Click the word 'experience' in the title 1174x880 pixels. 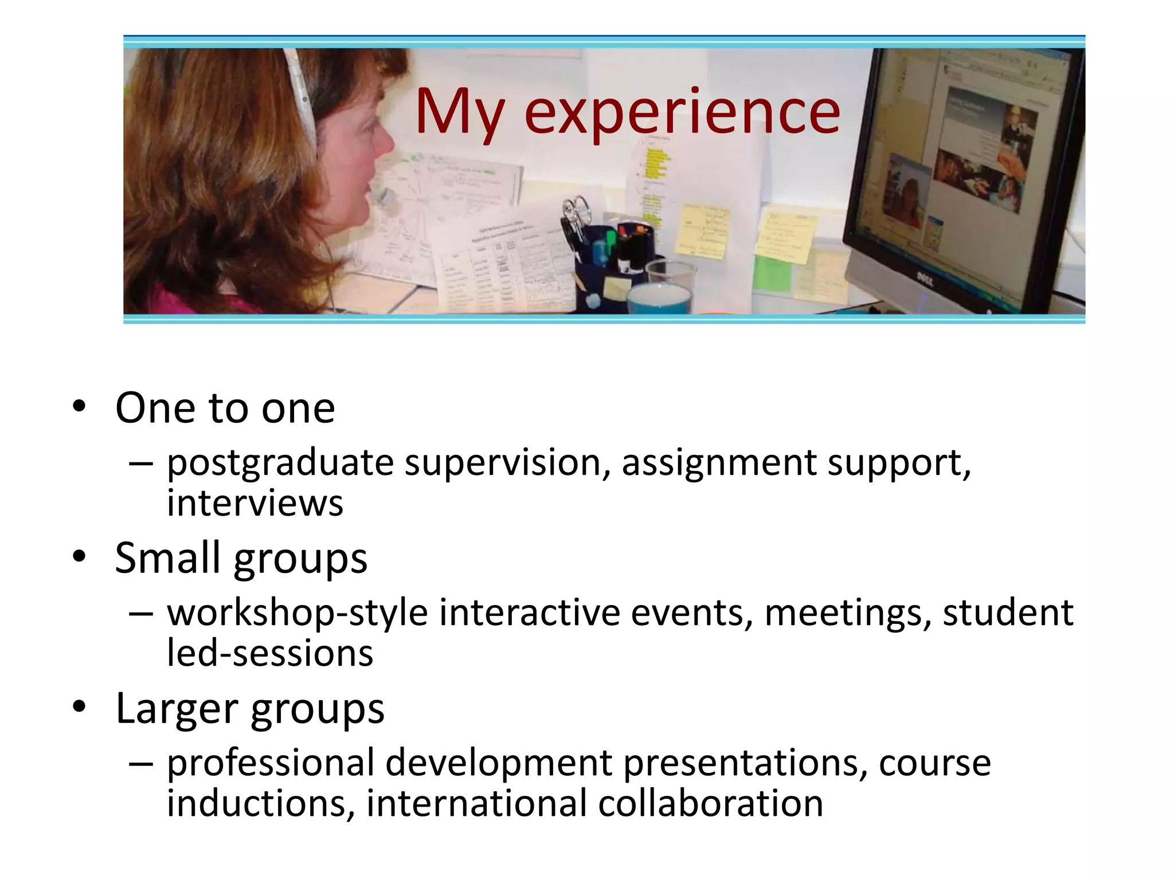[x=682, y=113]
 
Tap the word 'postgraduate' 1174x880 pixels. [x=280, y=463]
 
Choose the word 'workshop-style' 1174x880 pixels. [x=297, y=612]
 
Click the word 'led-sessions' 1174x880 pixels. [x=269, y=653]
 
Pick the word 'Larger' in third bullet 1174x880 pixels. [x=175, y=709]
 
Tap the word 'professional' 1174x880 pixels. [x=270, y=763]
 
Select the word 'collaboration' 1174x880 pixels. [x=710, y=803]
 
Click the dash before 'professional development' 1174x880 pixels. [x=141, y=764]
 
